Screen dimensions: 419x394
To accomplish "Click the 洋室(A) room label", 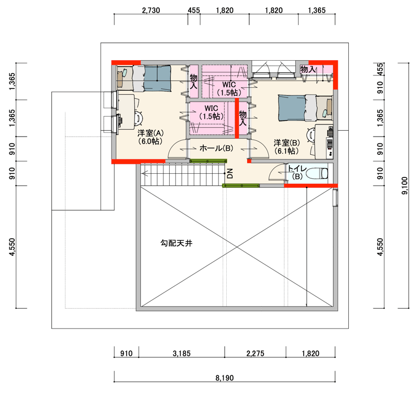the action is [150, 133].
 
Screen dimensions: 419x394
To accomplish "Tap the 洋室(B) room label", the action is [286, 143].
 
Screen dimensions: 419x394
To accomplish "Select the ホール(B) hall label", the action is [216, 148].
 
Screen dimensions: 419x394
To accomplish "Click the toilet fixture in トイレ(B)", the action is [317, 173].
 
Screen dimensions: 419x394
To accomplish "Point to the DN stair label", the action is [230, 173].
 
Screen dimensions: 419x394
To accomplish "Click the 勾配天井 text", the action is [177, 243].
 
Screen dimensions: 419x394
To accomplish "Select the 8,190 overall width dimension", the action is [225, 378].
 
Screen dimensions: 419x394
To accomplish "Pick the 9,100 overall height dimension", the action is [405, 186].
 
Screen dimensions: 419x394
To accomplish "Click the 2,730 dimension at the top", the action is [151, 10].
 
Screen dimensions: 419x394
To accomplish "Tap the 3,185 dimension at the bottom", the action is [182, 353].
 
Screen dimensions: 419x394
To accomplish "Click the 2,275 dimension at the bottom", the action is [255, 353].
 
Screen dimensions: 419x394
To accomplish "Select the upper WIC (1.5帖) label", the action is [229, 88].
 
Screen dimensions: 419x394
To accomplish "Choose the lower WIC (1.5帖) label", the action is [211, 112].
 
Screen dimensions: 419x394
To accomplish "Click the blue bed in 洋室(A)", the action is [158, 78].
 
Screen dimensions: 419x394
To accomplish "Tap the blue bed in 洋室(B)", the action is [292, 108].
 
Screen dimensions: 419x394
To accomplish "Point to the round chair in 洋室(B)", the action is [311, 134].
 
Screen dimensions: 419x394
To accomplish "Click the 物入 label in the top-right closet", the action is [308, 70].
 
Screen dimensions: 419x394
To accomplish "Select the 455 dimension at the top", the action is [194, 10].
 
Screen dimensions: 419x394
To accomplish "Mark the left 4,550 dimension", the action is [12, 247].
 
